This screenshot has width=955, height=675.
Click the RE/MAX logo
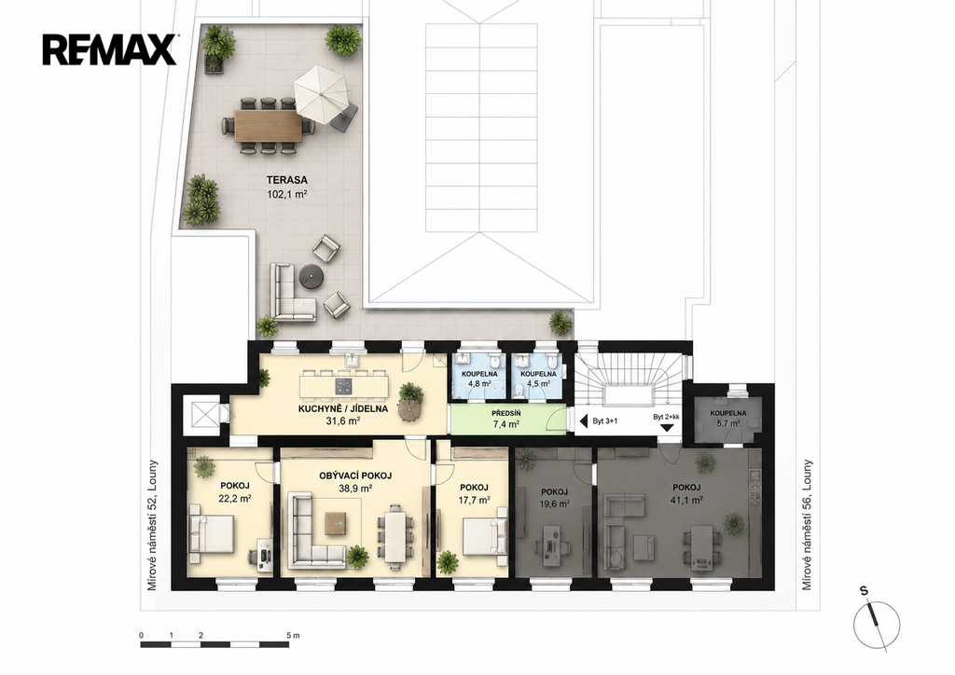point(110,49)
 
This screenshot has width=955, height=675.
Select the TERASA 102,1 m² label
point(286,186)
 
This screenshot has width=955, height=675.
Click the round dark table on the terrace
point(311,276)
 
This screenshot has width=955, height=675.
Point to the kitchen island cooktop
point(343,386)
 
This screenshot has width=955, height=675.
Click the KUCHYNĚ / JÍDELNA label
point(342,409)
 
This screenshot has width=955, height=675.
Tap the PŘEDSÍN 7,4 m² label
point(505,419)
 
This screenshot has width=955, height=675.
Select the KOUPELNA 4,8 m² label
point(479,379)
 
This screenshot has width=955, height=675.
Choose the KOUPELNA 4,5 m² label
point(538,379)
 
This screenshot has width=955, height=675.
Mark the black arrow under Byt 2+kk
point(668,427)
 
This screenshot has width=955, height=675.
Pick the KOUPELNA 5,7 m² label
point(727,419)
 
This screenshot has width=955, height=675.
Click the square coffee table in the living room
point(337,523)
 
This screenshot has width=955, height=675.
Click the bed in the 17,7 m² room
point(484,537)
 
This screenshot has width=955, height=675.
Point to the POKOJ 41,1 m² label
point(686,493)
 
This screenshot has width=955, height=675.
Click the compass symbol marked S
point(877,624)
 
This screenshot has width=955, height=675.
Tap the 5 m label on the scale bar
point(292,635)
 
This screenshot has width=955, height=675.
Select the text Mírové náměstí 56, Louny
point(807,525)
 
